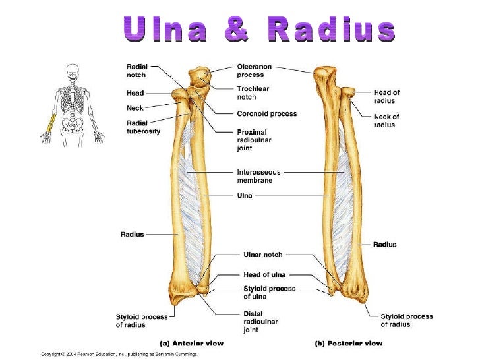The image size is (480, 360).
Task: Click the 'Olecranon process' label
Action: click(x=254, y=71)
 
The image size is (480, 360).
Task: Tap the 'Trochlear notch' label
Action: click(x=253, y=93)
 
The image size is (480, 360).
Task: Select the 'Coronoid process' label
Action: click(x=266, y=113)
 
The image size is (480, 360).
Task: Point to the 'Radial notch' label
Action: click(x=136, y=71)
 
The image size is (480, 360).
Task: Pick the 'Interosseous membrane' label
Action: click(x=255, y=176)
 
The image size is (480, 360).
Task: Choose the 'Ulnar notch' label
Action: click(x=259, y=254)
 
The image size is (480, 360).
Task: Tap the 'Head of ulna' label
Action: click(x=262, y=274)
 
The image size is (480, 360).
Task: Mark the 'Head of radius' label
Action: click(x=386, y=96)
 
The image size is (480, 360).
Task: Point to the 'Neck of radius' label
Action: click(x=386, y=121)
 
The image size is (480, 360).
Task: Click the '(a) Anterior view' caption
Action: click(x=193, y=343)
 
